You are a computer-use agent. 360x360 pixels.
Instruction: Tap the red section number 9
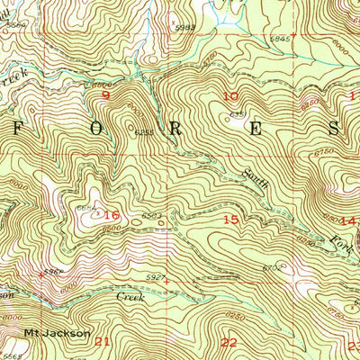pos(106,94)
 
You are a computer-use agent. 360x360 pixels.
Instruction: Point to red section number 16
pos(112,215)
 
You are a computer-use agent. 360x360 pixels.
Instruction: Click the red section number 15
pos(231,219)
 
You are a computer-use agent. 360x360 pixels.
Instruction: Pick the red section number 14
pos(348,220)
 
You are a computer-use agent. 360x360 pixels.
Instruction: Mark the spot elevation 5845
pos(281,39)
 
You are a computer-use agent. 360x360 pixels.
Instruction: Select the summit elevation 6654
pos(86,208)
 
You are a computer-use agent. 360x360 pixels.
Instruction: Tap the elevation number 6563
pos(150,216)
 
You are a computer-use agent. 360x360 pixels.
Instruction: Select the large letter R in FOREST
pos(175,127)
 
